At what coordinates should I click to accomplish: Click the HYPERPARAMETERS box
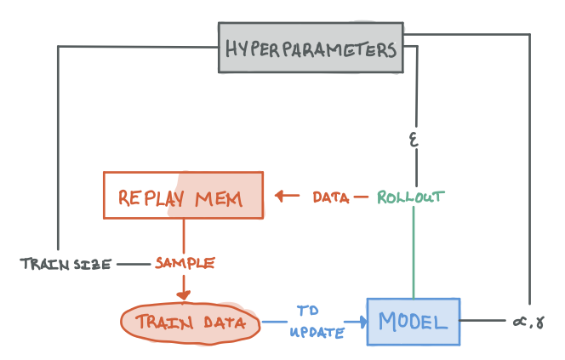click(311, 49)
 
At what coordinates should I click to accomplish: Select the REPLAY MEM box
click(183, 198)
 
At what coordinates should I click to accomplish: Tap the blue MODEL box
click(413, 322)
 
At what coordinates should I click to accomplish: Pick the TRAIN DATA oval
click(189, 323)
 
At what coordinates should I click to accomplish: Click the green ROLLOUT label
click(411, 197)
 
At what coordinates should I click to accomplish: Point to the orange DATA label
click(330, 197)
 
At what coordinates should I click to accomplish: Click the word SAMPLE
click(184, 264)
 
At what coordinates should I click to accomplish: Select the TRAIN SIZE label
click(66, 264)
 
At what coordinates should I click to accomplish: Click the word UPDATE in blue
click(316, 332)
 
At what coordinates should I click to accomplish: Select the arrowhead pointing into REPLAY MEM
click(279, 197)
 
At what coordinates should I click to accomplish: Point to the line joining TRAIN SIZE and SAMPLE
click(133, 264)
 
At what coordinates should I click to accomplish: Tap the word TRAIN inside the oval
click(161, 323)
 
